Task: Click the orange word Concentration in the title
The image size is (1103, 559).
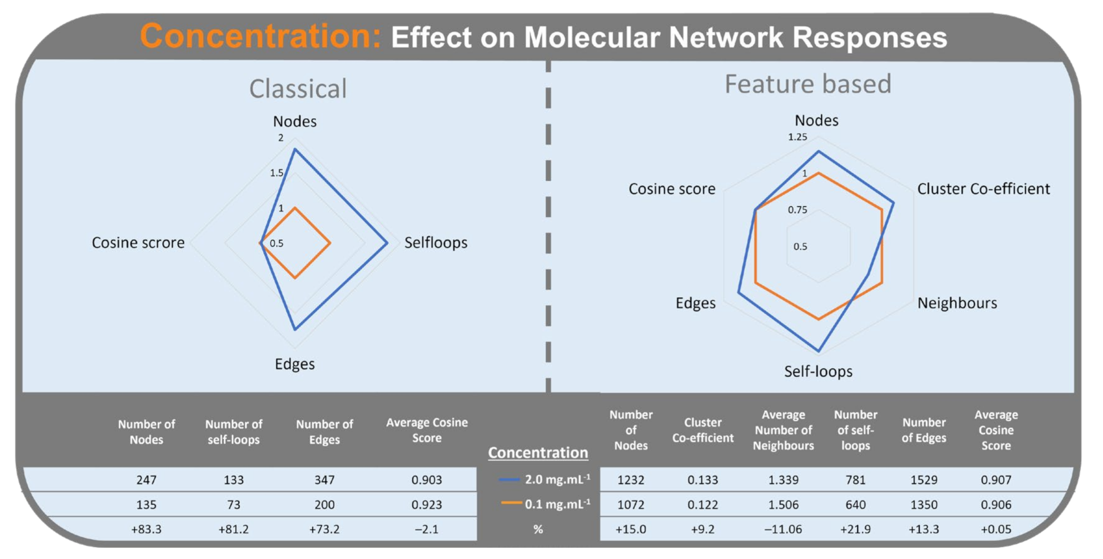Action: click(x=260, y=36)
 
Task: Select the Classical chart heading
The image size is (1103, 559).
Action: click(x=298, y=89)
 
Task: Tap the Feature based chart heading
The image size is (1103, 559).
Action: click(x=808, y=84)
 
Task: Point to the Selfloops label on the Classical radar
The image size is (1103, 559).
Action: click(x=435, y=243)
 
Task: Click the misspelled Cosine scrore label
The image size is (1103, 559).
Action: click(x=138, y=243)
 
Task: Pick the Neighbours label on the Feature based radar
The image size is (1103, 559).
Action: click(x=957, y=303)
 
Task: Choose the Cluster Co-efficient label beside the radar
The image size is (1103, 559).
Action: click(x=983, y=189)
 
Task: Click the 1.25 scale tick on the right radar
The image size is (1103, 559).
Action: click(x=797, y=137)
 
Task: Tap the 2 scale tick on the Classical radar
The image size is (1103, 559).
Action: click(x=281, y=137)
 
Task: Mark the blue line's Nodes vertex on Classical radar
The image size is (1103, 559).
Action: click(x=295, y=150)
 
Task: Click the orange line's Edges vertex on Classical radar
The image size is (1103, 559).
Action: click(x=295, y=277)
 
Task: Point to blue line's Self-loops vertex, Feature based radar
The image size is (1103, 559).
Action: click(x=819, y=351)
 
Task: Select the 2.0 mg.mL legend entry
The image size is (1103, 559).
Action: click(x=545, y=479)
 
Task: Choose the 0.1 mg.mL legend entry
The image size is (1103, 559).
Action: click(x=545, y=504)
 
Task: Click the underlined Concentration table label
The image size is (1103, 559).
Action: click(x=538, y=453)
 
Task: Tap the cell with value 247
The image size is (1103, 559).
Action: click(x=146, y=480)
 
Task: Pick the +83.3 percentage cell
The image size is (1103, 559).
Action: click(x=146, y=529)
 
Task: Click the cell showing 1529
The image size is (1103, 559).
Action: click(x=923, y=480)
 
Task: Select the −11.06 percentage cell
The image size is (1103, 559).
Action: click(x=783, y=529)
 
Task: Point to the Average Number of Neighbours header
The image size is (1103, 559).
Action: click(x=783, y=430)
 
